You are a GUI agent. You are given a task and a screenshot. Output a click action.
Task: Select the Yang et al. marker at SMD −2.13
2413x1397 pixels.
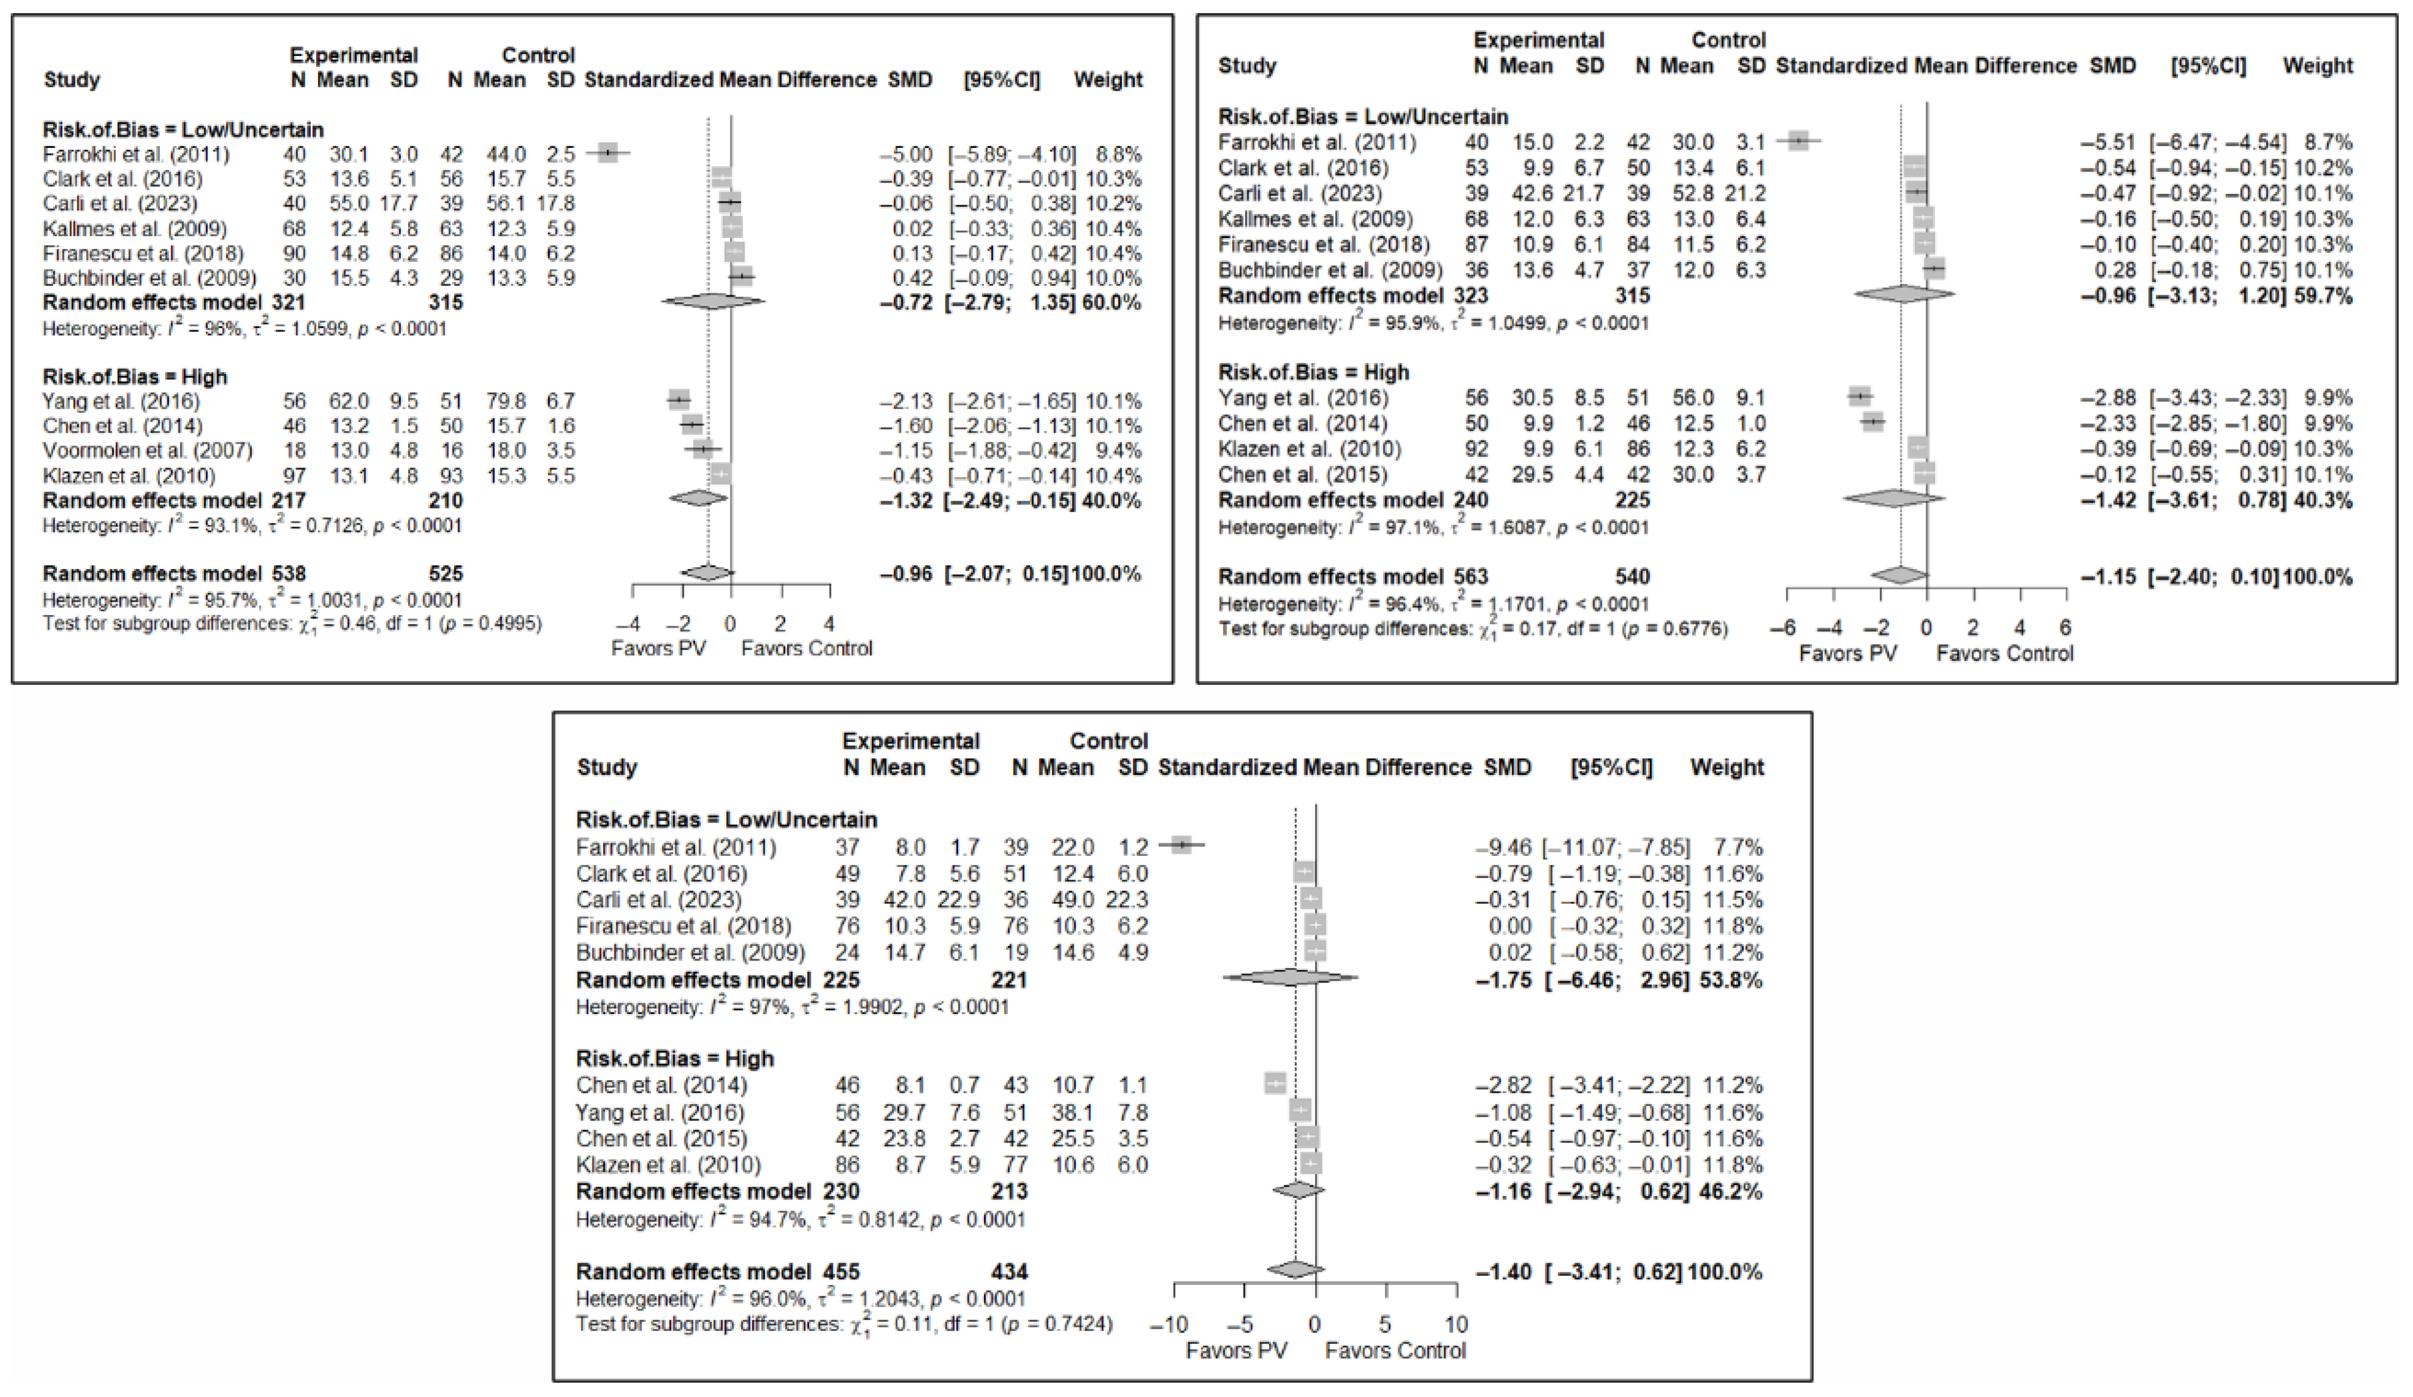point(679,400)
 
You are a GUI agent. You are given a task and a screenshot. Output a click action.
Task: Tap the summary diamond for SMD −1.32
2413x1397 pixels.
point(698,498)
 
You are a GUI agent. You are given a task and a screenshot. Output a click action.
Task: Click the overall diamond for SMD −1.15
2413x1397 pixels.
point(1900,576)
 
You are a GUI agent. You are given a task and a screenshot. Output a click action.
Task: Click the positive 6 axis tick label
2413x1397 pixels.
point(2065,628)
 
